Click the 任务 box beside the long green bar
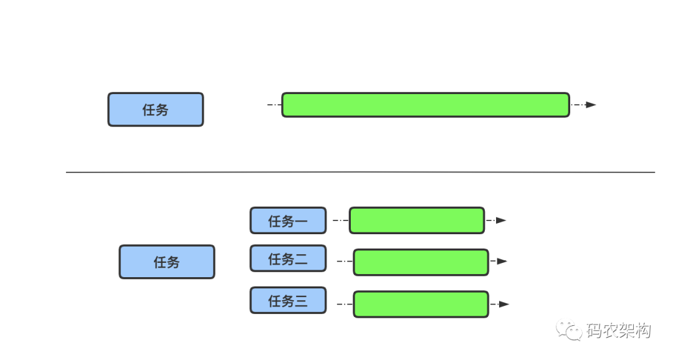click(155, 110)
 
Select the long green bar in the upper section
click(425, 105)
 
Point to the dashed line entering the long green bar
click(274, 105)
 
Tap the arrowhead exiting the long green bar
click(590, 105)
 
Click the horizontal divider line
click(360, 172)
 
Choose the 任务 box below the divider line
click(166, 262)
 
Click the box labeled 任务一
click(287, 220)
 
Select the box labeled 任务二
click(287, 258)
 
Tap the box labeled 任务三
click(287, 300)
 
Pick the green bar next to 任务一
click(416, 220)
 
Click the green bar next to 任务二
click(421, 262)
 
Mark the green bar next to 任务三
click(421, 304)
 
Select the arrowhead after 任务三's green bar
click(504, 304)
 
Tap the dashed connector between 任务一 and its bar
click(340, 220)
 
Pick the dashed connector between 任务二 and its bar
click(344, 262)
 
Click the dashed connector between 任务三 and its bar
click(344, 304)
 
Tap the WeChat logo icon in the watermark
click(569, 330)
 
